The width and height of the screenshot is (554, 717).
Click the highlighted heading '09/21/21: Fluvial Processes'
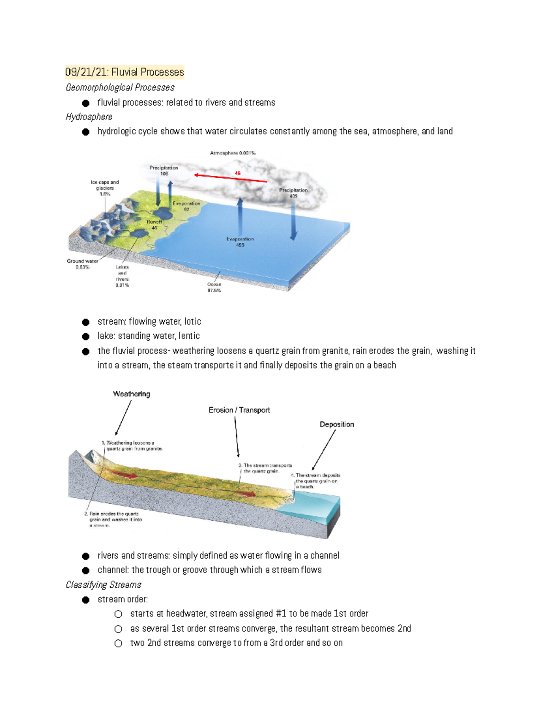click(x=124, y=72)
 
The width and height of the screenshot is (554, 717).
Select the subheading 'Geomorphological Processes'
click(x=120, y=87)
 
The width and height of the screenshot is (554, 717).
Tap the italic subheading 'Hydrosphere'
click(x=89, y=116)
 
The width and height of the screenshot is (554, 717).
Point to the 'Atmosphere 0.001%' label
click(x=233, y=153)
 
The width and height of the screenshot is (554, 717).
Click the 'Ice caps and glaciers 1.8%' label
click(x=105, y=188)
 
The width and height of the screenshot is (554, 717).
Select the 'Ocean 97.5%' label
click(x=214, y=287)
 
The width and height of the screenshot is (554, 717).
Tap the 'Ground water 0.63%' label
click(x=83, y=264)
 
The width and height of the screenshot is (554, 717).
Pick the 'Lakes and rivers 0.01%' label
click(x=122, y=276)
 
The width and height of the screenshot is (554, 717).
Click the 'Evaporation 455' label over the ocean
click(x=240, y=241)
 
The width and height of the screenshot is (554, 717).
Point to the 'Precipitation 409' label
click(x=293, y=193)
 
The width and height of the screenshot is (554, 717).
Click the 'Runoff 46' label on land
click(x=154, y=225)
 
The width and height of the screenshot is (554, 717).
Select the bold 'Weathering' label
click(x=132, y=394)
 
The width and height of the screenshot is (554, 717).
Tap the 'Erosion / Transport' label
click(x=239, y=410)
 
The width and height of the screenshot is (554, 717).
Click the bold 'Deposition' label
click(x=337, y=424)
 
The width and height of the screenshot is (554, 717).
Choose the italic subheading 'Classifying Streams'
click(x=103, y=584)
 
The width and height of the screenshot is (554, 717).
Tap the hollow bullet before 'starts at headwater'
click(x=119, y=614)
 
